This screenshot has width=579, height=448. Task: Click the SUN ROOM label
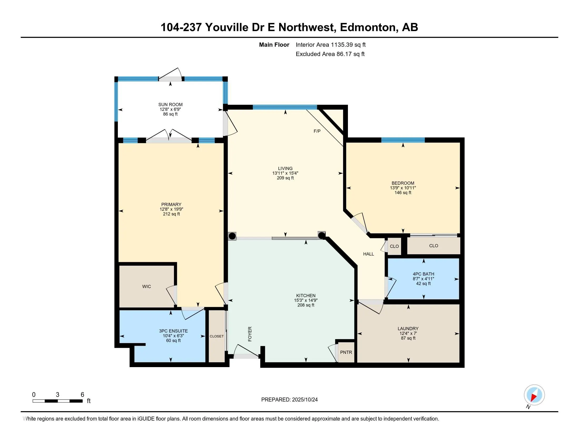pos(170,105)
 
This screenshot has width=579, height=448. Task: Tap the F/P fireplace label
pos(317,131)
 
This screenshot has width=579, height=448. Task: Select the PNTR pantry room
pos(346,352)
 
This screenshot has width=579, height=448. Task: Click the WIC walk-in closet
pos(146,286)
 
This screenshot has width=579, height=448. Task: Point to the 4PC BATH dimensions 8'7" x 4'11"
pos(423,279)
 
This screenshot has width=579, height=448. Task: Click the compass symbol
pos(534,395)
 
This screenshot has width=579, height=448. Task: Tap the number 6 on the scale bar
pos(82,395)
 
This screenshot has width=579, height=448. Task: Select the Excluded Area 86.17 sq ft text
pos(330,54)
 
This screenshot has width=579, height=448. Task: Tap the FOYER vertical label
pos(250,334)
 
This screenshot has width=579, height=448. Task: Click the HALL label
pos(368,254)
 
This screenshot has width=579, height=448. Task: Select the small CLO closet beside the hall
pos(394,246)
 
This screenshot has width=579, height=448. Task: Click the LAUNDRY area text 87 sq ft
pos(408,338)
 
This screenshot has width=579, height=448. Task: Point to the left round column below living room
pos(232,236)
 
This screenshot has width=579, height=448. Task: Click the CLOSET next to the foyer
pos(217,336)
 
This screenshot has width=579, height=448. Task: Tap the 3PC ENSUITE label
pos(173,331)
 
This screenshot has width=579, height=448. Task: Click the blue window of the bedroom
pos(403,140)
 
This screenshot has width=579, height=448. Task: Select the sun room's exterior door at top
pos(170,79)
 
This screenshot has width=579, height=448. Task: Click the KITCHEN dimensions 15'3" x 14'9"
pos(306,300)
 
